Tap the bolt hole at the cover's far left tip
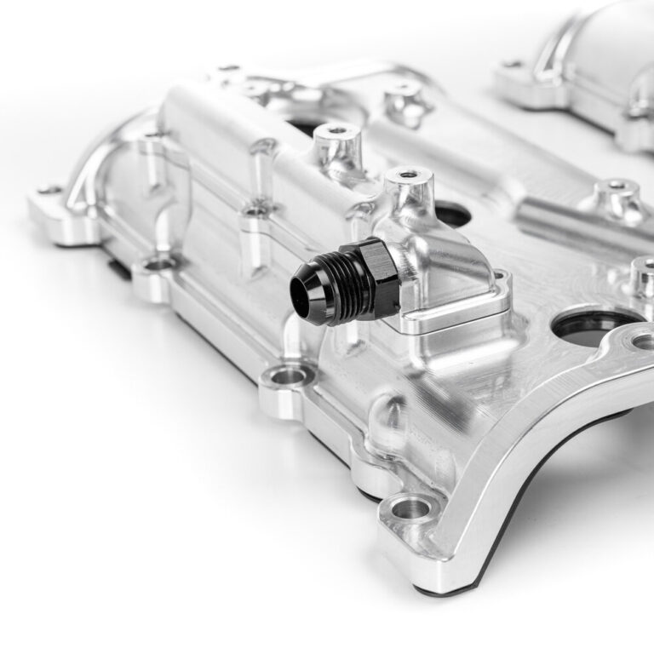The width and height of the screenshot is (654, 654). point(49,190)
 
